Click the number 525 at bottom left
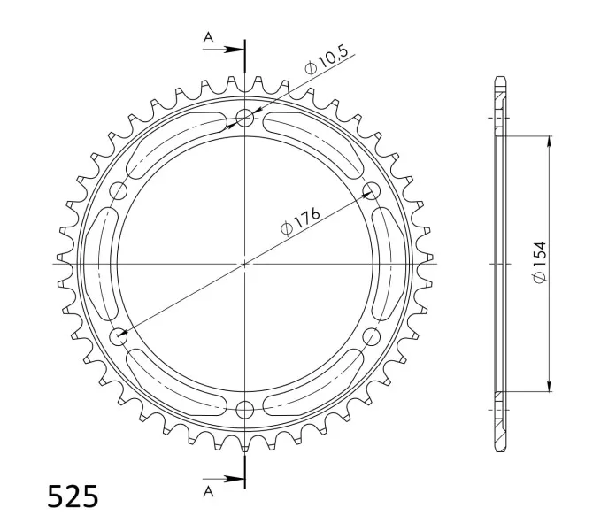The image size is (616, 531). (73, 496)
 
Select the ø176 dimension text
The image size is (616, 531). (300, 222)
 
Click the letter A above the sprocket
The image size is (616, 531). (208, 38)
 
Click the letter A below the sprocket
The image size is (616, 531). (208, 491)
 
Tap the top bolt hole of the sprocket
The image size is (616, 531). (245, 118)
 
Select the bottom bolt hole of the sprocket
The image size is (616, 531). (245, 410)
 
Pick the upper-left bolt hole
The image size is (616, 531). (119, 190)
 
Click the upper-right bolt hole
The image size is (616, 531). (371, 190)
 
